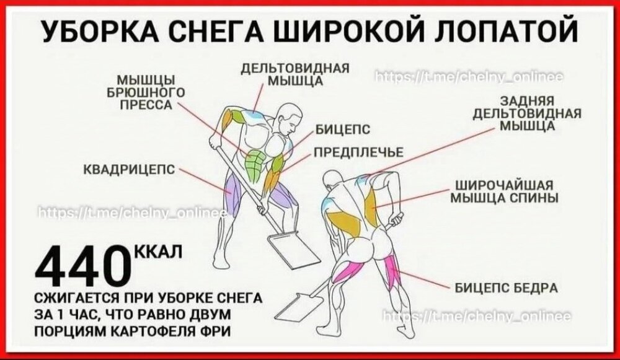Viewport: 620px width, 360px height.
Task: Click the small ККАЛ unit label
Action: click(159, 252)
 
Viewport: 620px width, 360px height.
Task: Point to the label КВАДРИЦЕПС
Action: click(130, 170)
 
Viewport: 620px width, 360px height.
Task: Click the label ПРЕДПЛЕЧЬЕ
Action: click(358, 152)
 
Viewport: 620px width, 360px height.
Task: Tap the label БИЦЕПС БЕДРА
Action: click(506, 288)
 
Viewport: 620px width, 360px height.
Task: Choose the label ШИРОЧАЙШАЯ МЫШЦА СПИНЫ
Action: click(505, 191)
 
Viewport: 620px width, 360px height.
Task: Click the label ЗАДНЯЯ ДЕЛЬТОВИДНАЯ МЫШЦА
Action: click(527, 113)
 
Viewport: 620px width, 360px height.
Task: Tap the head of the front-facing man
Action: click(290, 117)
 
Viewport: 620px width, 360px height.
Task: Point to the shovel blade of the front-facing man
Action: click(294, 249)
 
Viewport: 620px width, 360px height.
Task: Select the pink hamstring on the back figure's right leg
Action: click(393, 272)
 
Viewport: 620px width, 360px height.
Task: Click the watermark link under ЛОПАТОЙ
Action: click(468, 77)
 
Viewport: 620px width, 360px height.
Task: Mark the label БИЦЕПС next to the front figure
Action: click(343, 130)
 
